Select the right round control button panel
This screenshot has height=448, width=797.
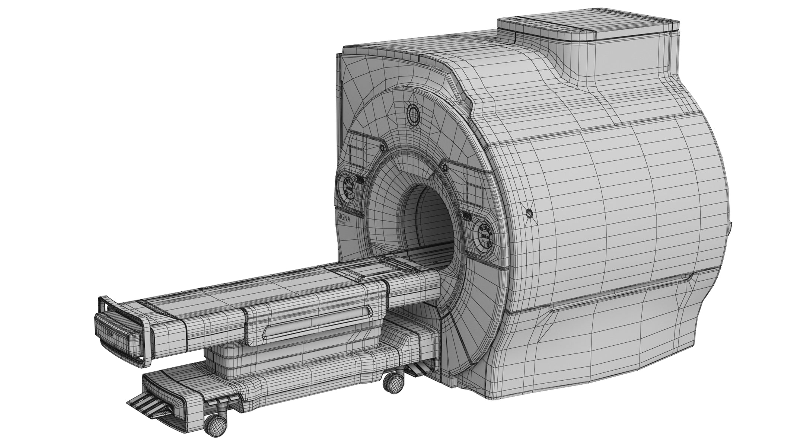click(485, 237)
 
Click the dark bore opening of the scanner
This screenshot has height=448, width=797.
click(430, 220)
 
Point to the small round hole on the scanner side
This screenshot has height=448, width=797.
click(529, 213)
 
